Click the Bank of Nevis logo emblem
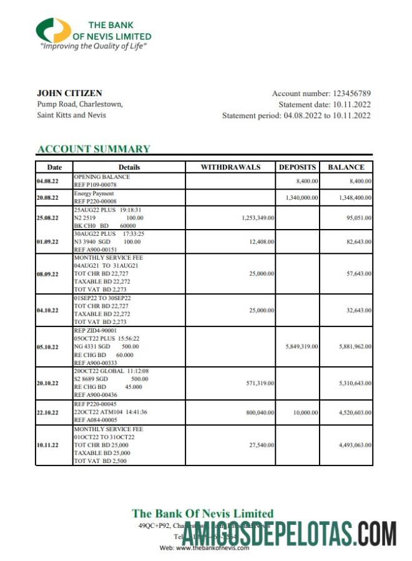click(x=53, y=31)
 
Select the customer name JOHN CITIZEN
click(x=69, y=93)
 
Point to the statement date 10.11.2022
click(x=351, y=105)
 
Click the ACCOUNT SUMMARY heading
click(x=94, y=149)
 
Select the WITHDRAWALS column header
click(x=230, y=167)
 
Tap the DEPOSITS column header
click(x=297, y=167)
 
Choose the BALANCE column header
click(x=346, y=167)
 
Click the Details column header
click(x=129, y=167)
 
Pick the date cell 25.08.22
click(x=47, y=218)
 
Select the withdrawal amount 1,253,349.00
click(x=257, y=218)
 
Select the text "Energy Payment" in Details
click(x=94, y=194)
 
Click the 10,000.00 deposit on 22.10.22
click(x=306, y=412)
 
